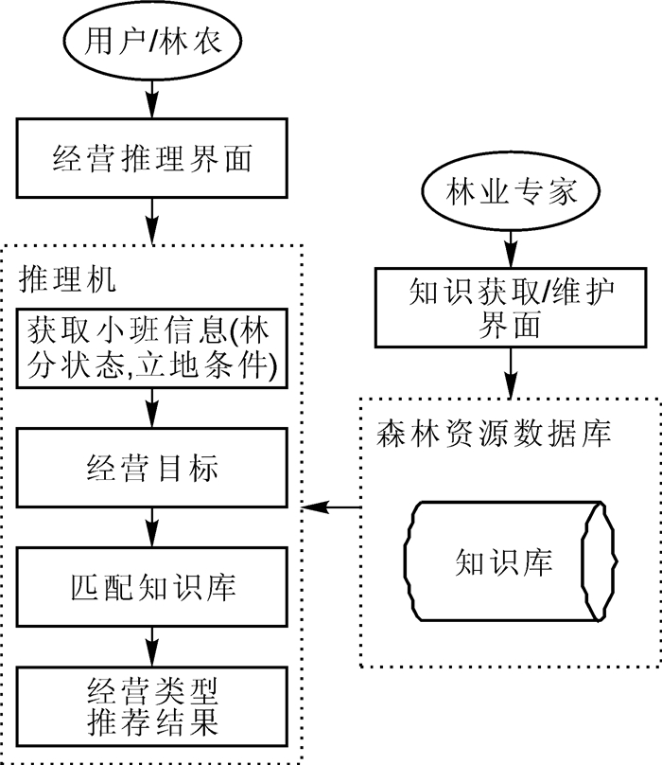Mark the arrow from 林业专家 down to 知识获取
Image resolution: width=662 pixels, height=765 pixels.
(x=511, y=247)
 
